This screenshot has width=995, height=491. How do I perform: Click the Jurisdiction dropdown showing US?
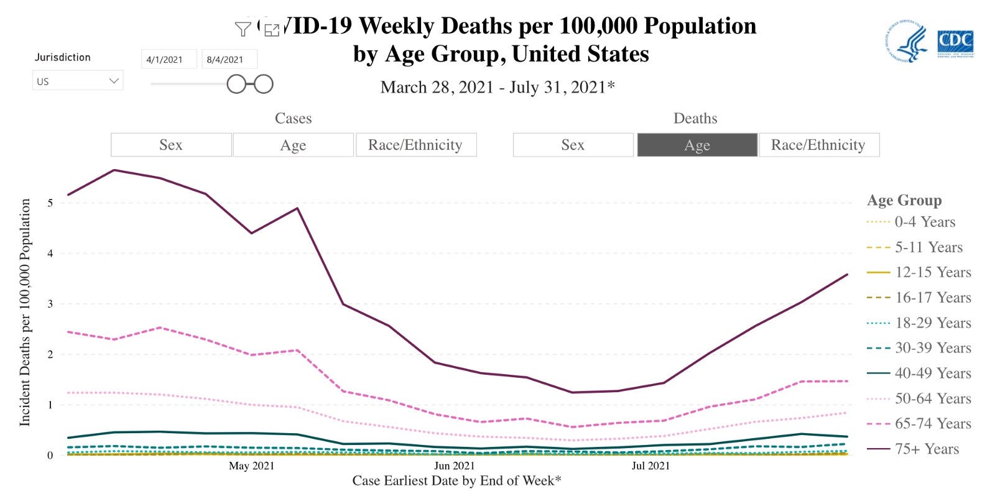point(77,81)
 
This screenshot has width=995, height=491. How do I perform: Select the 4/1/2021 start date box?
point(169,60)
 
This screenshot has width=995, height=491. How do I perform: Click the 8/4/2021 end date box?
point(229,60)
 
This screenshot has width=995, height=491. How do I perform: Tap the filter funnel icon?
point(243,29)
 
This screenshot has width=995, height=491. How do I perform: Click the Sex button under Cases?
point(171,145)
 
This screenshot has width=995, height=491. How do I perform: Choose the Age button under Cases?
point(293,145)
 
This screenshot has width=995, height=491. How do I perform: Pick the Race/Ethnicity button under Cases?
point(415,145)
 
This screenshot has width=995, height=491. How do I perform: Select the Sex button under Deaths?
point(573,145)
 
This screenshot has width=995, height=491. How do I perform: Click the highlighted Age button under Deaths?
point(697,145)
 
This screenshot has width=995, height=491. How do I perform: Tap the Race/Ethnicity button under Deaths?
point(818,145)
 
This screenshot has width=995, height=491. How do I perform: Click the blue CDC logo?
point(955,42)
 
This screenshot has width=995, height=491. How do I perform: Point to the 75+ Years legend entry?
point(927,449)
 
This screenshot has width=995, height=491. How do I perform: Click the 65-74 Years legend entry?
point(933,423)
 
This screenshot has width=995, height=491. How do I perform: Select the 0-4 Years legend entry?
point(925,222)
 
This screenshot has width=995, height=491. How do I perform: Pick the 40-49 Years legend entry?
point(933,373)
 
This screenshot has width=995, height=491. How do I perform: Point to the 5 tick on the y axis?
point(50,203)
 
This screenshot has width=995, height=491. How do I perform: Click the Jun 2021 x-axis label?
point(454,466)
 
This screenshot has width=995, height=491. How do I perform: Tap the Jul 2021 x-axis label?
point(650,466)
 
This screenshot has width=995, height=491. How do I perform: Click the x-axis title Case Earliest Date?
point(456,480)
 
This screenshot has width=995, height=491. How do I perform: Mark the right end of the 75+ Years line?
point(847,274)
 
